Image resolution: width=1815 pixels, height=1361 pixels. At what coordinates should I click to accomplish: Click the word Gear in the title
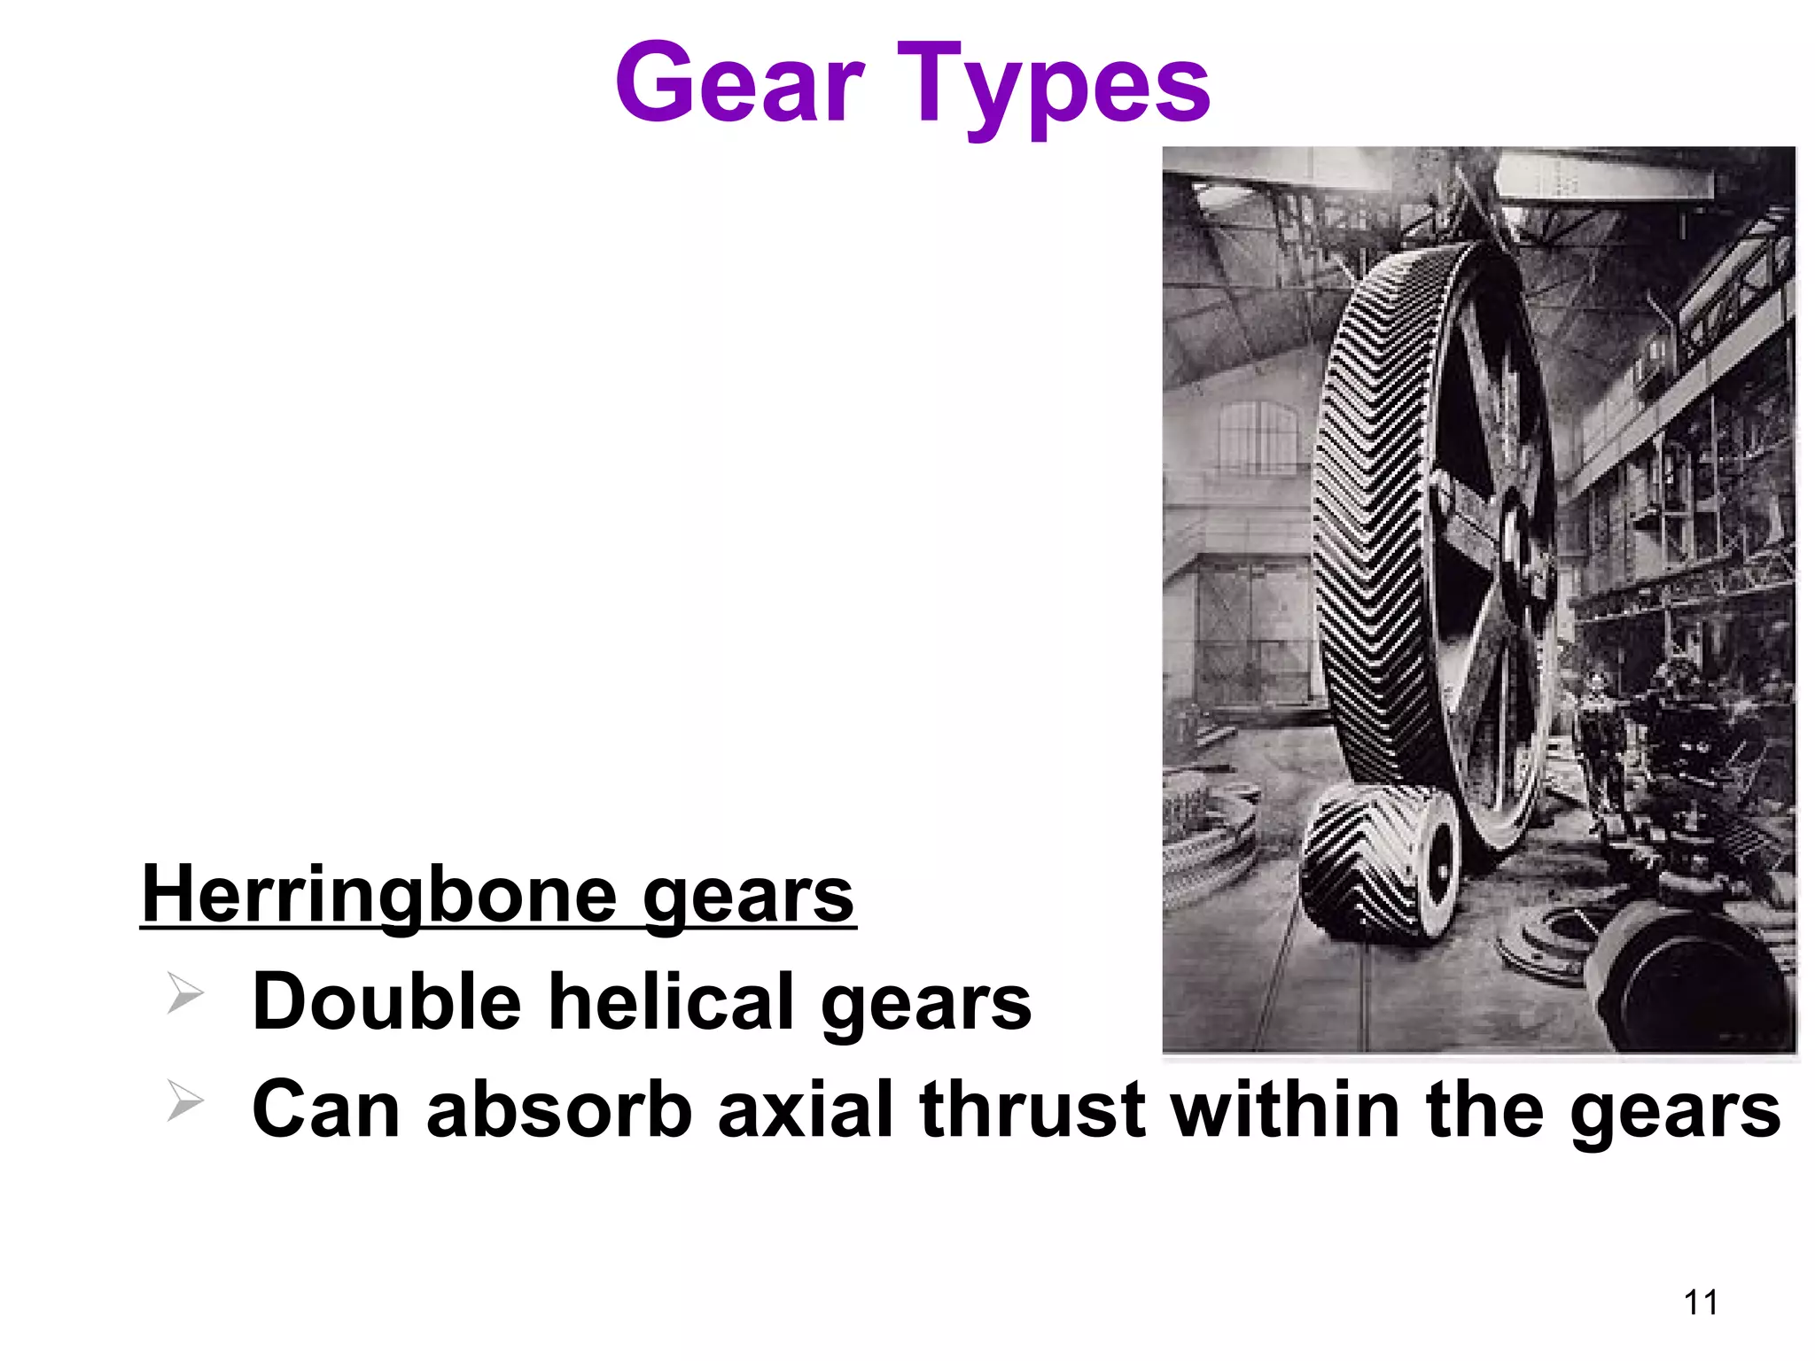tap(740, 85)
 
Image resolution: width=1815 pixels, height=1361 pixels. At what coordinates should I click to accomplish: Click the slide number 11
tap(1700, 1303)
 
